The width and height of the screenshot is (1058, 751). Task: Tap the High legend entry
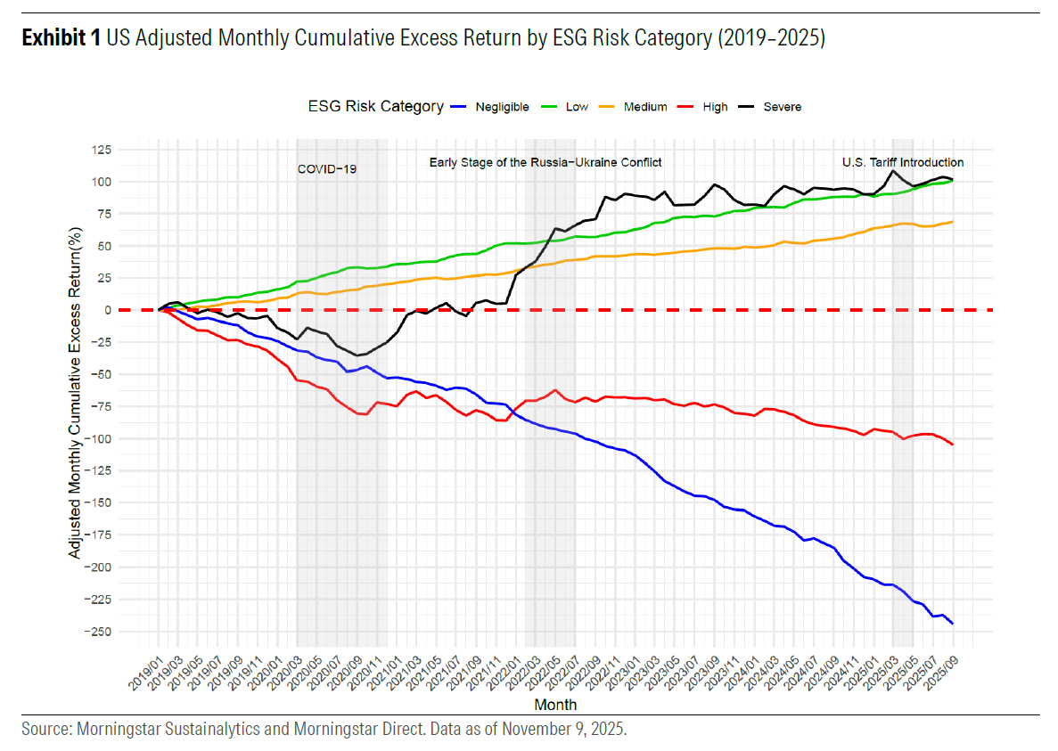tap(715, 107)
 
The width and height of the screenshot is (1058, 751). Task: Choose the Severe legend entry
tap(782, 107)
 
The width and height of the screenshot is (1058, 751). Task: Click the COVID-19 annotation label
tap(327, 168)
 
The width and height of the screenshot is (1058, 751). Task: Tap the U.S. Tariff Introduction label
tap(903, 162)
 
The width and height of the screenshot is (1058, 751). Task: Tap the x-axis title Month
tap(555, 705)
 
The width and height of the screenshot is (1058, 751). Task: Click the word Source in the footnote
tap(44, 729)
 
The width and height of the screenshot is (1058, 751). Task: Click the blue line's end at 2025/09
tap(953, 624)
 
